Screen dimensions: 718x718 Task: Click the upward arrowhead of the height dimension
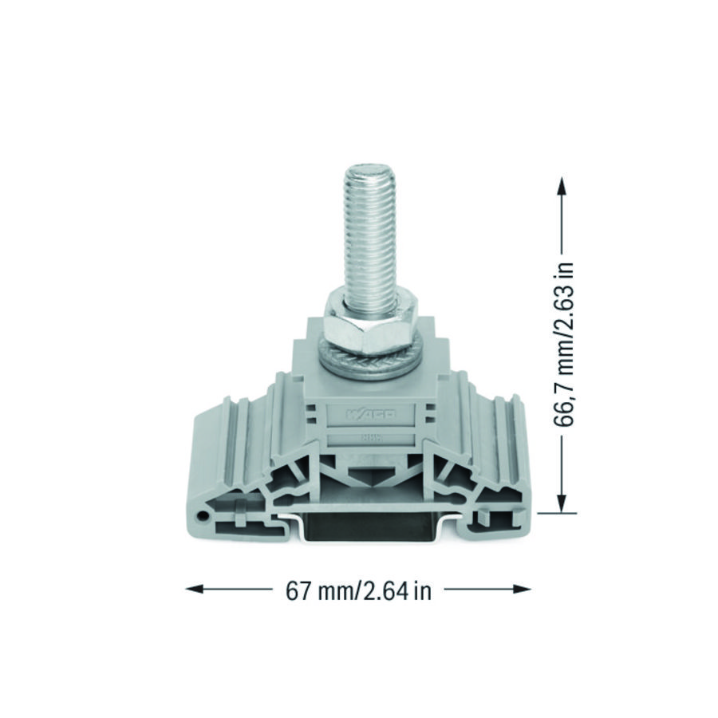[562, 184]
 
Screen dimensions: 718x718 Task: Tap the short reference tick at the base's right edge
[549, 513]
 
